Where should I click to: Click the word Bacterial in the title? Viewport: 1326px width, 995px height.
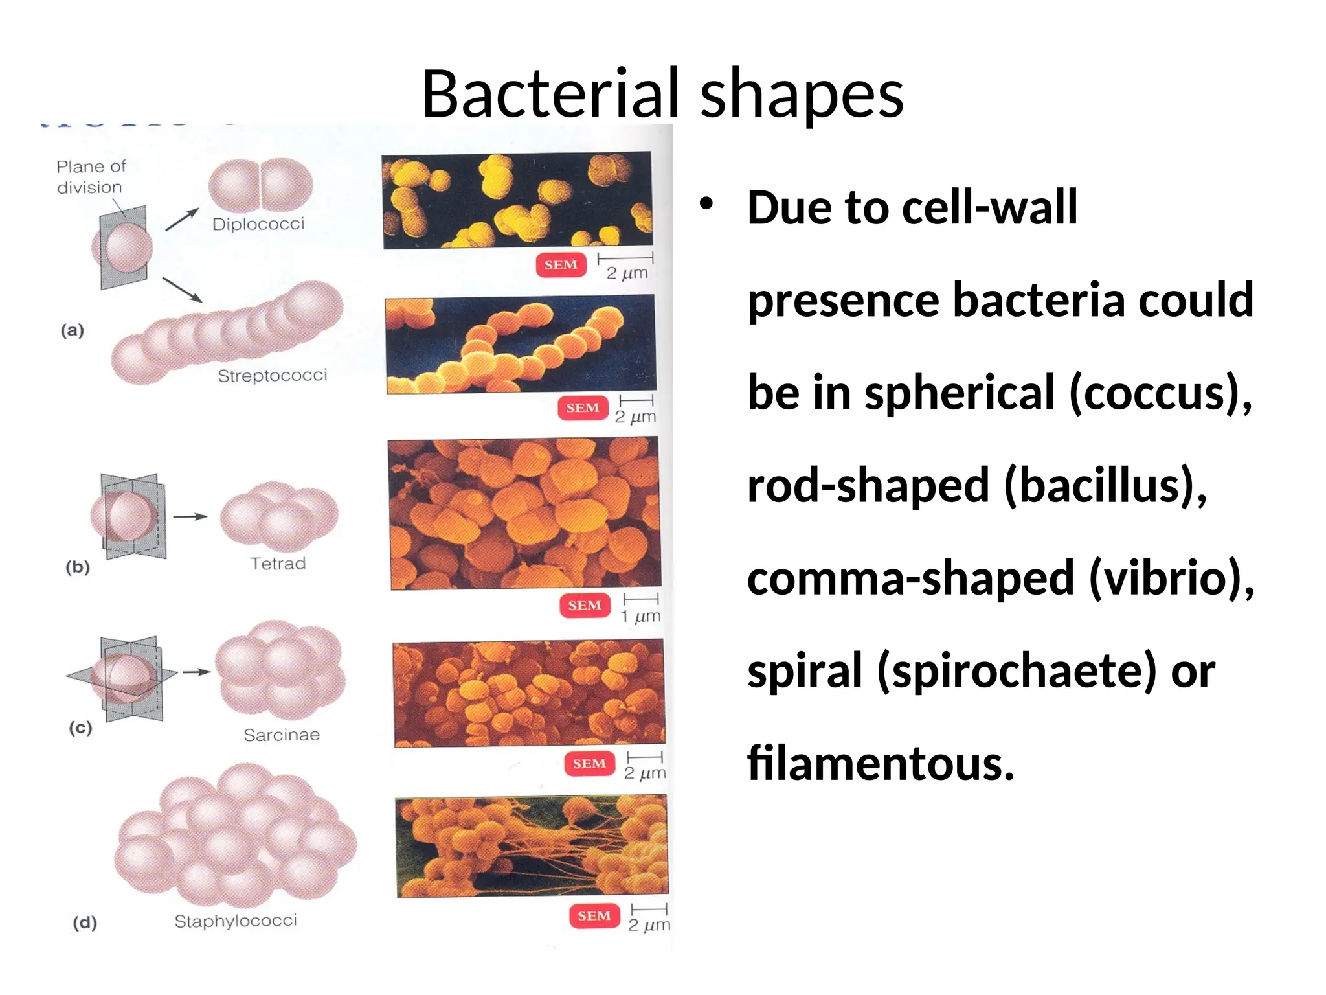(554, 94)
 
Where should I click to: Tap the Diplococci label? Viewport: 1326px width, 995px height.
(258, 224)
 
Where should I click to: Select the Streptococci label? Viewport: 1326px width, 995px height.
(273, 376)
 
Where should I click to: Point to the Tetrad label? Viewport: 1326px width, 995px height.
(278, 564)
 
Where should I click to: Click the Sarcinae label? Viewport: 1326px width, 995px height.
(282, 735)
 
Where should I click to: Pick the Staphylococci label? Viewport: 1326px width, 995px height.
(236, 921)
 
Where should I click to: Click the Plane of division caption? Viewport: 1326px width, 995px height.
(91, 177)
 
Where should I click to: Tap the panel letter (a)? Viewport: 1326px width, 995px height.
(73, 330)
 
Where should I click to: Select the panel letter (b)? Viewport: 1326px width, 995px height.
(78, 567)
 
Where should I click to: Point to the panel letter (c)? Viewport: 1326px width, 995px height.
(81, 727)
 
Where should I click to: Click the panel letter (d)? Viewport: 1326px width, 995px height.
(85, 922)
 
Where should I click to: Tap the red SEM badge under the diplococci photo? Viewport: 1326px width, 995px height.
(561, 265)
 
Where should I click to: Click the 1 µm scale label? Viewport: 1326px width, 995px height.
(641, 616)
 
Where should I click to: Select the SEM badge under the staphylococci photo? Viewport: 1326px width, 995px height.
(594, 916)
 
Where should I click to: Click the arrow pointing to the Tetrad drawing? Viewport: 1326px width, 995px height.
(190, 517)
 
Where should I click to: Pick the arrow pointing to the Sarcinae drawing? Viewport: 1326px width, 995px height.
(196, 672)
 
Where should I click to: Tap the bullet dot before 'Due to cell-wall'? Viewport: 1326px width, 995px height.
(706, 205)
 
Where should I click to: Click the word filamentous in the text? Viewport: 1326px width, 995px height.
(881, 763)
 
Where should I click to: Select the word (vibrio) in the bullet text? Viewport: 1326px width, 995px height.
(1171, 578)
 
